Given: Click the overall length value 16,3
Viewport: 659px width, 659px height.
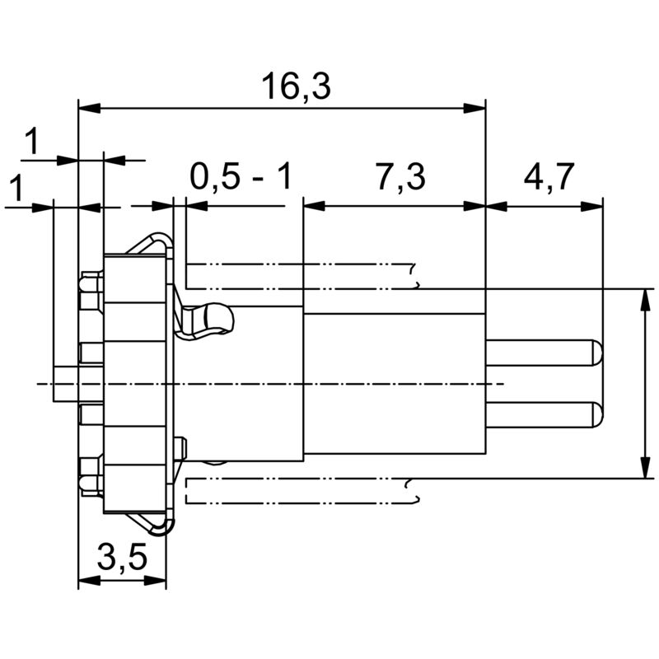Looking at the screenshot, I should click(x=295, y=86).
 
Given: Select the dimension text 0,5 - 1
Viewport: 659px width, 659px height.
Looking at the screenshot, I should click(x=241, y=176).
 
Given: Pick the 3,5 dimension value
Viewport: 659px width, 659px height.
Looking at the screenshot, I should click(x=122, y=559).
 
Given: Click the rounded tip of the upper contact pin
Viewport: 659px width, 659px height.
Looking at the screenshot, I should click(x=596, y=353).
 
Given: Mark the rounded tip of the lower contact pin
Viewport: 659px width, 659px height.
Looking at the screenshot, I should click(x=596, y=414).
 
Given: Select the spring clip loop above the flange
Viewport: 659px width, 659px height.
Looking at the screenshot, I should click(x=152, y=245).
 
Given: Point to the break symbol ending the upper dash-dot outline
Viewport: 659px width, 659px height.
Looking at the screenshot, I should click(x=414, y=275).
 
